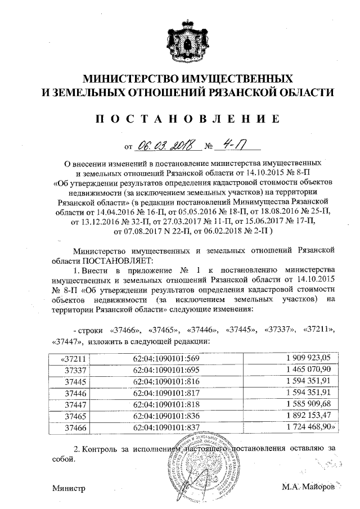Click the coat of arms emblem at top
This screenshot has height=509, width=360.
coord(188,39)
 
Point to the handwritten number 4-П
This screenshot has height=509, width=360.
coord(231,146)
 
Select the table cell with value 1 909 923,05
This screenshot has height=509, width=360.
coord(309,358)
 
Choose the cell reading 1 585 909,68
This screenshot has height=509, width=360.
coord(309,404)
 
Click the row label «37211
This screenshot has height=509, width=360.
coord(72,358)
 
